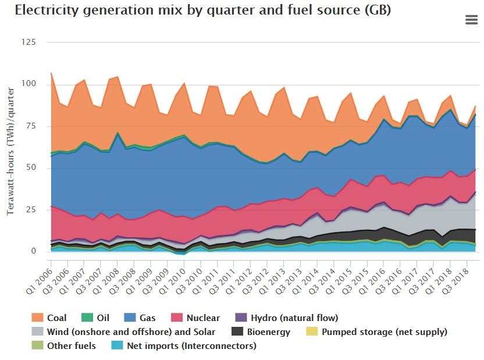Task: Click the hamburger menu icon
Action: [x=472, y=20]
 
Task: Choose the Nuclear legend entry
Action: [x=195, y=318]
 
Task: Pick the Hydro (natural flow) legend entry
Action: [x=287, y=318]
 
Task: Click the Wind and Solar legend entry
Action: [x=123, y=332]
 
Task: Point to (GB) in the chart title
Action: [x=377, y=10]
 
